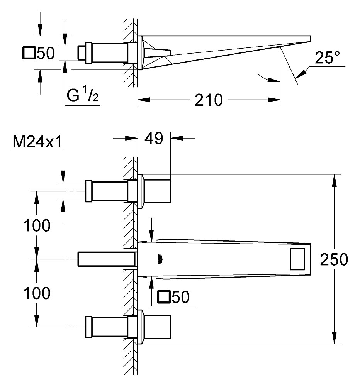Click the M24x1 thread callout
[x=37, y=142]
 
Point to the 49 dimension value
[x=154, y=138]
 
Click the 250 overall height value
[x=334, y=260]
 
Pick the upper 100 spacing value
[x=37, y=225]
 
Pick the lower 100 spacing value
[x=37, y=293]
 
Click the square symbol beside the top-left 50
[x=29, y=53]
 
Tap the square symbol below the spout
[x=165, y=297]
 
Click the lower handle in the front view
[x=156, y=327]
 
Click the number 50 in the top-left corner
[x=46, y=53]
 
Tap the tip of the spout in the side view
[x=310, y=38]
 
